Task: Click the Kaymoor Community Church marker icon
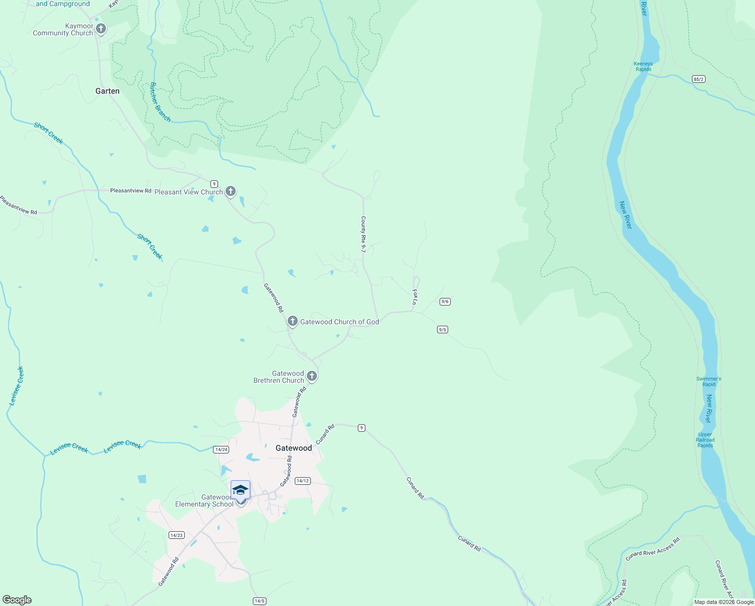[x=101, y=28]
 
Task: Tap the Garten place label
[x=107, y=91]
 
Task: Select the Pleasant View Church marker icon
[x=231, y=191]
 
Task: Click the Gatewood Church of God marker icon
[x=292, y=321]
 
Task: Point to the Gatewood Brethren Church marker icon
[x=312, y=376]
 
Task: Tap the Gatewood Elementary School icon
[x=240, y=490]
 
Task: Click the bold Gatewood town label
[x=294, y=448]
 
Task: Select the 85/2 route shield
[x=698, y=79]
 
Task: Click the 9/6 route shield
[x=445, y=301]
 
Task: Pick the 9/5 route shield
[x=442, y=329]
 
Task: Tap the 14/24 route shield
[x=221, y=449]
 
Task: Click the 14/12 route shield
[x=302, y=481]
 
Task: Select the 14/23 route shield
[x=176, y=535]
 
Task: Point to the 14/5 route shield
[x=259, y=601]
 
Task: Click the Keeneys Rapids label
[x=643, y=67]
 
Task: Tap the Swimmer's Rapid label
[x=709, y=381]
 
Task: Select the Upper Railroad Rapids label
[x=705, y=440]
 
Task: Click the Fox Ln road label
[x=415, y=297]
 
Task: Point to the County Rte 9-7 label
[x=363, y=234]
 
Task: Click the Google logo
[x=17, y=600]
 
